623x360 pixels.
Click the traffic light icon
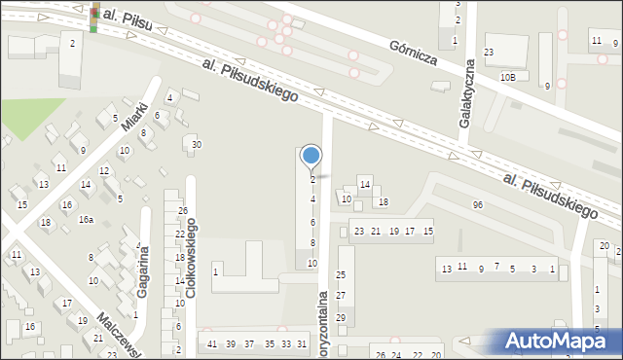pyautogui.click(x=94, y=18)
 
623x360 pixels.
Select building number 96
pyautogui.click(x=477, y=204)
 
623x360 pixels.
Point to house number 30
pyautogui.click(x=196, y=145)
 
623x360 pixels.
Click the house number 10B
pyautogui.click(x=508, y=76)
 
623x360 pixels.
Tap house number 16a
pyautogui.click(x=87, y=220)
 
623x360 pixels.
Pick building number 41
pyautogui.click(x=212, y=344)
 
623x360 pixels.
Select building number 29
pyautogui.click(x=341, y=317)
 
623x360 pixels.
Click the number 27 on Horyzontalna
pyautogui.click(x=341, y=296)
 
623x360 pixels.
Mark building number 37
pyautogui.click(x=249, y=344)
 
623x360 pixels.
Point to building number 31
pyautogui.click(x=303, y=344)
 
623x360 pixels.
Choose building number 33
pyautogui.click(x=286, y=344)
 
